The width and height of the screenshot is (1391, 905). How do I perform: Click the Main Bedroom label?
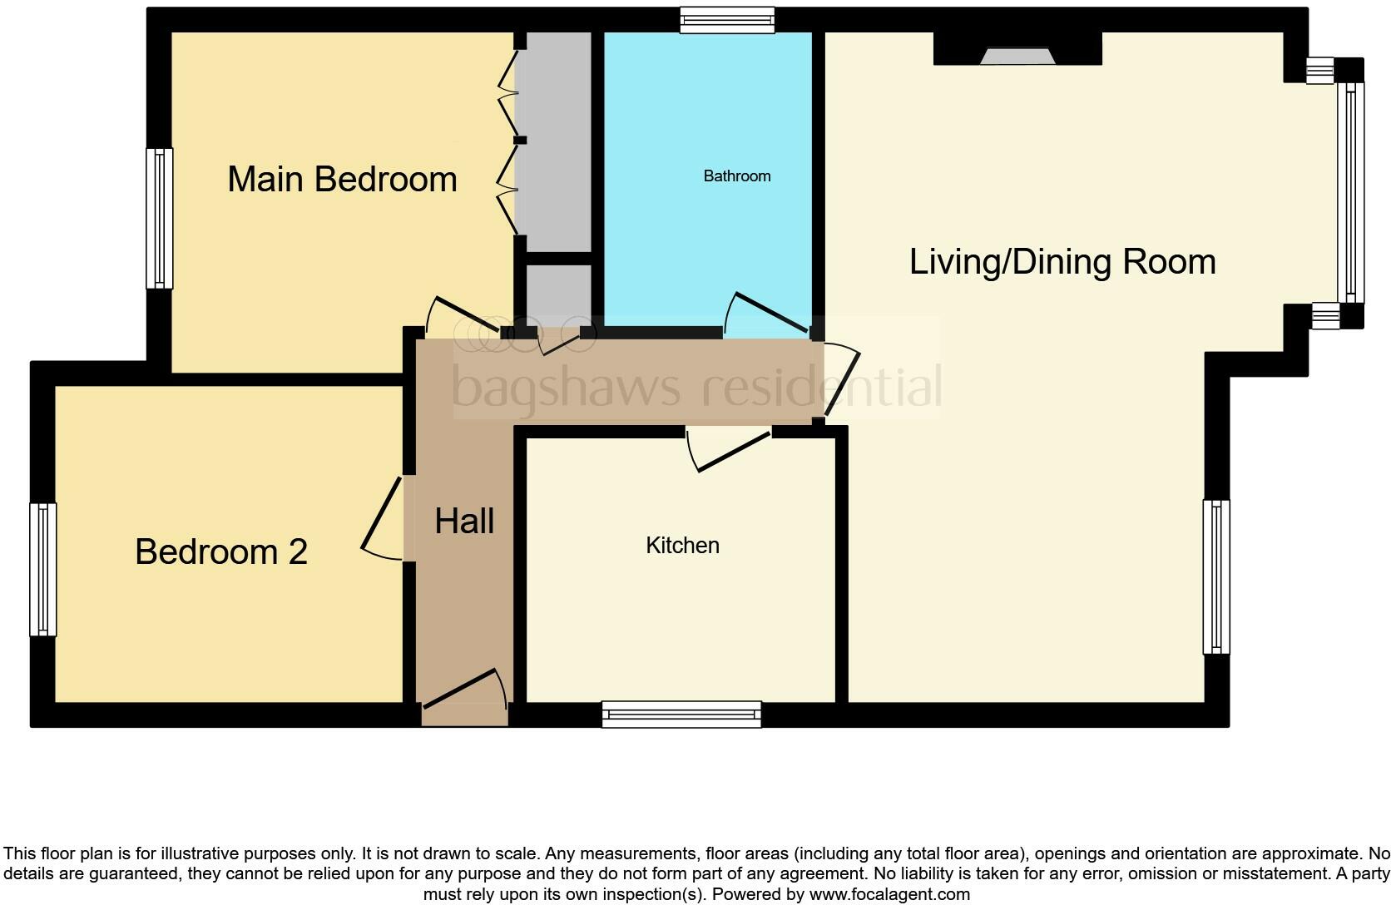tap(342, 180)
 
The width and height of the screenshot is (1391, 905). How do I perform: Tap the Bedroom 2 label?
tap(221, 551)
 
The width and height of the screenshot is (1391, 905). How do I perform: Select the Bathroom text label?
tap(736, 176)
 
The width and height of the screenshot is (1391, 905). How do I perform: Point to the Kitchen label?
tap(682, 546)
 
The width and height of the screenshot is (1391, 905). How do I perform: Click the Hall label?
tap(464, 521)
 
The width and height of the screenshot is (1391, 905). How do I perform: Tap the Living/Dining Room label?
tap(1062, 262)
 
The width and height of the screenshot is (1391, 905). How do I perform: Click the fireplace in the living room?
tap(1017, 57)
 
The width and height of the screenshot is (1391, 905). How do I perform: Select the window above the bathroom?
tap(727, 20)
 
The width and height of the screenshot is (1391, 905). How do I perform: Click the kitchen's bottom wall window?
tap(682, 715)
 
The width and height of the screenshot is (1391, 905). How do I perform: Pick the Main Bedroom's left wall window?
tap(160, 219)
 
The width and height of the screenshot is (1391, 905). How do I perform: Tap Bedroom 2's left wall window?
tap(43, 570)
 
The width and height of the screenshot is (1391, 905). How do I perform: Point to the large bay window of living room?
tap(1350, 192)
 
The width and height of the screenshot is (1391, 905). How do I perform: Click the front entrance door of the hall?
tap(466, 689)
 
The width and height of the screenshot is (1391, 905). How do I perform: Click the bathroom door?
tap(768, 314)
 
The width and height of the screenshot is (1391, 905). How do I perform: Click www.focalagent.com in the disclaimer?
tap(889, 894)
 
